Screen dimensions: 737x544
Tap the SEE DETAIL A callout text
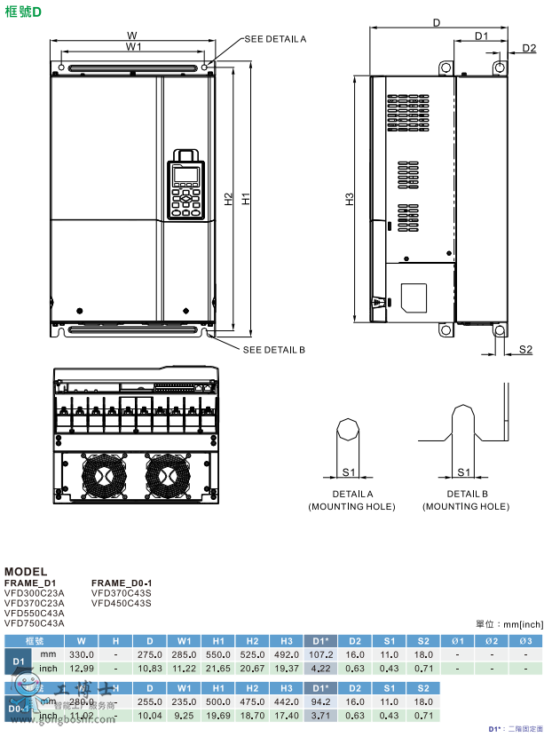click(275, 39)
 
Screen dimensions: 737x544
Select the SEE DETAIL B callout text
click(274, 350)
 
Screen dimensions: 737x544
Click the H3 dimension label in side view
click(350, 200)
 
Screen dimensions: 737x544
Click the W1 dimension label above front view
click(133, 46)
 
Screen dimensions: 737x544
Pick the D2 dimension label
click(528, 48)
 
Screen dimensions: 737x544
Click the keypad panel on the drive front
click(186, 183)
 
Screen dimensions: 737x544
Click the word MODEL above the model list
click(26, 571)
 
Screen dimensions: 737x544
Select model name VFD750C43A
click(35, 623)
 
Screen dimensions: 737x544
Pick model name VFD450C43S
click(122, 603)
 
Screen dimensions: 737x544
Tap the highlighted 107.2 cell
click(321, 654)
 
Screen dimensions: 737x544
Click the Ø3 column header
click(525, 640)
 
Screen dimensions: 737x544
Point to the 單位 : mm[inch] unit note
click(509, 624)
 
